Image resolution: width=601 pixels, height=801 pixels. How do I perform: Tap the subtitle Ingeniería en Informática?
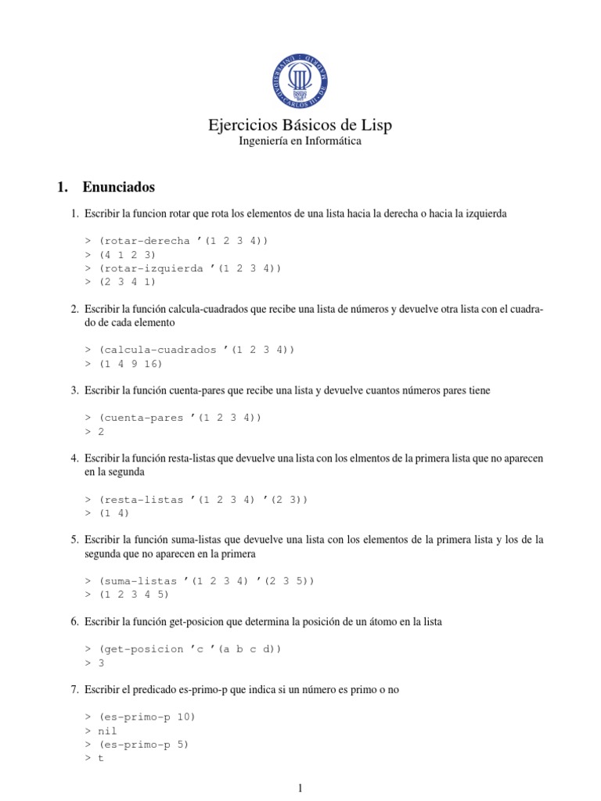(300, 142)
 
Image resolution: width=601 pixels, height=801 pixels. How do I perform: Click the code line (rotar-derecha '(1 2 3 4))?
(189, 241)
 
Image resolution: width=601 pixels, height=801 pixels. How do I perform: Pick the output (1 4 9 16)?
(135, 363)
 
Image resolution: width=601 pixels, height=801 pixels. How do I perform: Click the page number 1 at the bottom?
(300, 788)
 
